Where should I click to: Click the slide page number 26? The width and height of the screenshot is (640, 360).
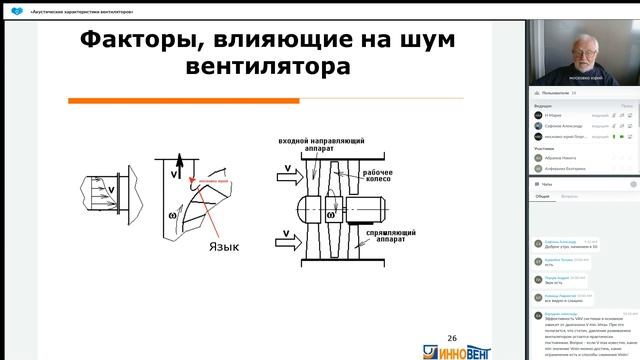452,339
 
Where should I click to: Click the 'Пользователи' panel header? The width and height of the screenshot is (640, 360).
553,92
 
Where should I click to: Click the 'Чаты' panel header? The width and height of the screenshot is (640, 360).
546,185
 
